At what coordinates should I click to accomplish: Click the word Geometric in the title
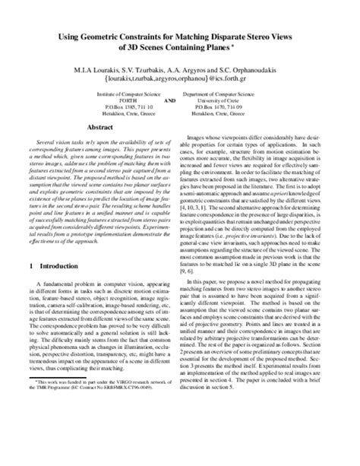tap(111, 38)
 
